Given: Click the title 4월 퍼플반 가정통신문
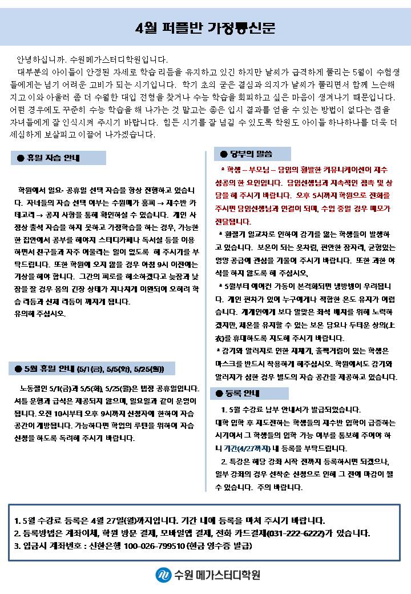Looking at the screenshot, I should coord(205,29).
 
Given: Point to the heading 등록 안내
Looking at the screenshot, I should coord(243,394).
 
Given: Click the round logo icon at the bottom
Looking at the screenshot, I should coord(163,574).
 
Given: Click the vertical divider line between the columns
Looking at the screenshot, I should coord(205,320).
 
